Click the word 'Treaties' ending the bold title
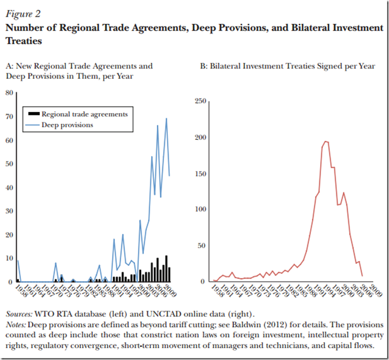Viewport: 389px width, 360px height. (24, 41)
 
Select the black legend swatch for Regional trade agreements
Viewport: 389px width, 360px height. (33, 114)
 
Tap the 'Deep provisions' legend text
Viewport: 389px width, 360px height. (67, 125)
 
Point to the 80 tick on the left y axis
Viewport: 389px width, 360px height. (9, 93)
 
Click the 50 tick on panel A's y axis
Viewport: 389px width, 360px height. (9, 164)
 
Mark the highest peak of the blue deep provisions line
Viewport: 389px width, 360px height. (166, 118)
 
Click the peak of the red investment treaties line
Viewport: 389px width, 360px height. (325, 141)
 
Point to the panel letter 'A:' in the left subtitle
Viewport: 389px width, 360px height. (10, 66)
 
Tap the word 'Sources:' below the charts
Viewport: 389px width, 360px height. (19, 314)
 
